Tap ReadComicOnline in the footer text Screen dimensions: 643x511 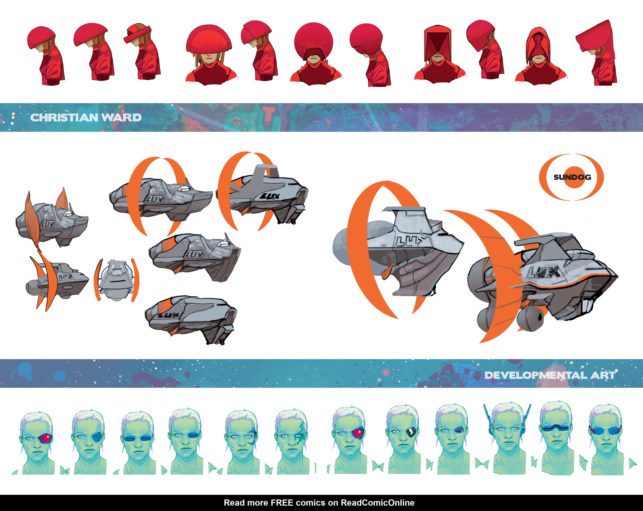(x=378, y=503)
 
